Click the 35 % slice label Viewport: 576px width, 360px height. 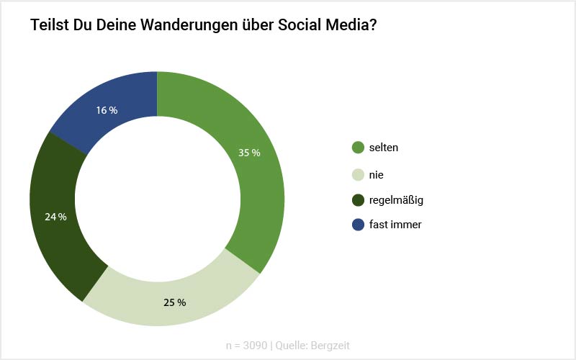coord(249,153)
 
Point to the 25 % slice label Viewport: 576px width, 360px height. coord(174,302)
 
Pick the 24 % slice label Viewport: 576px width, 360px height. coord(55,217)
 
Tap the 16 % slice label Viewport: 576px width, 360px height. coord(107,110)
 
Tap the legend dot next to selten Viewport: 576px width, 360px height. coord(358,148)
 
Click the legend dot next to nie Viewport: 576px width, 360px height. coord(358,174)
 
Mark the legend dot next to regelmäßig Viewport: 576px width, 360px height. coord(358,199)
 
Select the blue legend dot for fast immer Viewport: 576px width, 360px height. coord(358,225)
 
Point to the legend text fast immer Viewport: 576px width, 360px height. coord(395,225)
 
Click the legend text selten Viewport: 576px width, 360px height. coord(384,148)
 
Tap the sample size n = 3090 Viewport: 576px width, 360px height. coord(246,346)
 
